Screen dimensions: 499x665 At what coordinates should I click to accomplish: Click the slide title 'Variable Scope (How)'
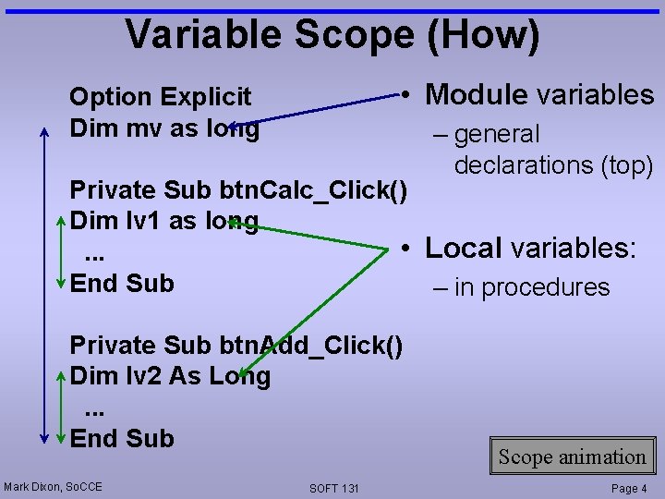(332, 34)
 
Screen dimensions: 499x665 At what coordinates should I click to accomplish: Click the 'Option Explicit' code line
(161, 97)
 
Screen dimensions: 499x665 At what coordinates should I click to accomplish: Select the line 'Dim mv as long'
(164, 128)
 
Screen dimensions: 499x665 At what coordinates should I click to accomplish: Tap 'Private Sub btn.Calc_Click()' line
(238, 190)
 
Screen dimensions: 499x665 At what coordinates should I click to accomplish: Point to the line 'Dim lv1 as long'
(164, 222)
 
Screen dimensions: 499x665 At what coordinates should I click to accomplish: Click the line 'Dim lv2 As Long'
(170, 376)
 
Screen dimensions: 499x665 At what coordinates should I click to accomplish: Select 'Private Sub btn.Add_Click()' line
(236, 345)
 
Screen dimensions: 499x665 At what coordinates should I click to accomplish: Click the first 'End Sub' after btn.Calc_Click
(122, 283)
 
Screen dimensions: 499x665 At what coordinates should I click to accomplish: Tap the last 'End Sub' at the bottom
(122, 438)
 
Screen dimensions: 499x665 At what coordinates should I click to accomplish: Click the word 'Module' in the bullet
(477, 94)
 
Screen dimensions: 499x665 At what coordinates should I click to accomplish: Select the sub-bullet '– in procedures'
(519, 287)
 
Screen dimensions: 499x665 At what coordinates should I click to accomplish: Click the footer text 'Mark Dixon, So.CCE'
(53, 487)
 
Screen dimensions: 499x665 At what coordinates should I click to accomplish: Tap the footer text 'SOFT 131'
(334, 488)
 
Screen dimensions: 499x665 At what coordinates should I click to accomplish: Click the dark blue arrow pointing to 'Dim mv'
(314, 109)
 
